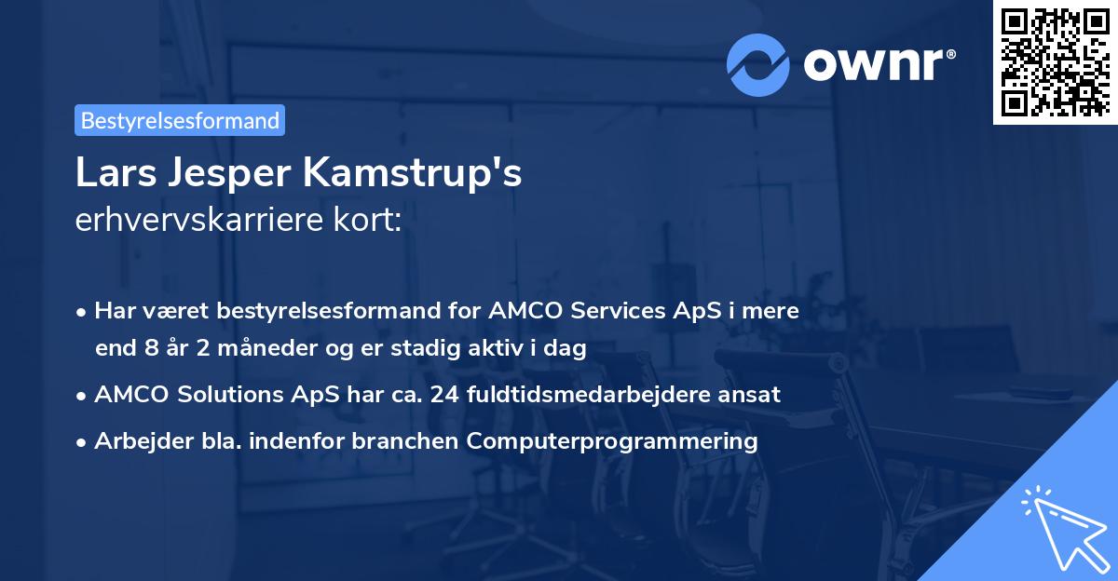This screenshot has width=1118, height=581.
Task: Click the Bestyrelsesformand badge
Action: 180,120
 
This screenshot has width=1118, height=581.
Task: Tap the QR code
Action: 1055,61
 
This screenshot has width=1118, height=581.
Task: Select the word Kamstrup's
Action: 407,173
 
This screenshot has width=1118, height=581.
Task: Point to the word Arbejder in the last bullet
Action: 134,440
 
